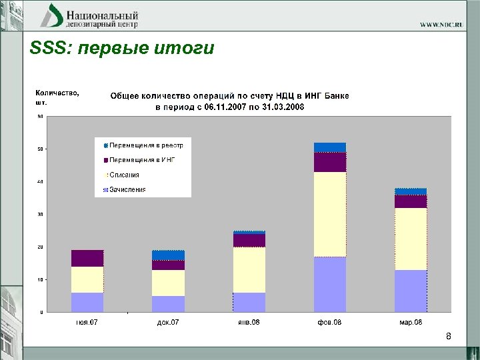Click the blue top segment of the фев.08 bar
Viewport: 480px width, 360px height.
click(330, 147)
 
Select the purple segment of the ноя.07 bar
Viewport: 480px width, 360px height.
click(87, 258)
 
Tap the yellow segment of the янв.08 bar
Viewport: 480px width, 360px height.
click(249, 270)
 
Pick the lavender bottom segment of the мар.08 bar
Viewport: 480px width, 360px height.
click(411, 291)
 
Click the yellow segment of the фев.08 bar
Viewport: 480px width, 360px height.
click(330, 214)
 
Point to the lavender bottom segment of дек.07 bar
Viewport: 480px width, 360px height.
click(168, 303)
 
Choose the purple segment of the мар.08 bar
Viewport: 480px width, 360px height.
click(411, 201)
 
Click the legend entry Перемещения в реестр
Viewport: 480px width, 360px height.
click(146, 145)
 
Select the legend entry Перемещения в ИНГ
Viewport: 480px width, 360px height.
click(142, 160)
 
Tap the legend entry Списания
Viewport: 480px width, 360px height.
click(125, 175)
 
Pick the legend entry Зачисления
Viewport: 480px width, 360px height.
click(127, 189)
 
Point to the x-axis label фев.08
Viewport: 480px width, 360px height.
click(330, 323)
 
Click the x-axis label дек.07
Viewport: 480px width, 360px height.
click(168, 323)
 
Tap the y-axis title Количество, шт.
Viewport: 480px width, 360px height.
click(56, 97)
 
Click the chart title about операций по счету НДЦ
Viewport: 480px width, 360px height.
click(229, 101)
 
